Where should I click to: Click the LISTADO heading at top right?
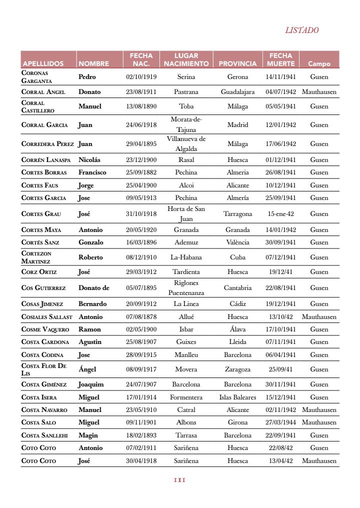click(302, 30)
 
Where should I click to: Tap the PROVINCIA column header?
click(237, 63)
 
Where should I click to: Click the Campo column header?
click(319, 63)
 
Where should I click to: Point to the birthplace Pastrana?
click(186, 92)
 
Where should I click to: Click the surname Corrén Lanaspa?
click(46, 160)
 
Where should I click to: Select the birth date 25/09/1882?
click(141, 172)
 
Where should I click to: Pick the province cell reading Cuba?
click(237, 257)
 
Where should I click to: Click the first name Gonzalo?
click(91, 242)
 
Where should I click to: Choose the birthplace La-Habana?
click(186, 257)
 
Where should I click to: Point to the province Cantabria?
click(237, 288)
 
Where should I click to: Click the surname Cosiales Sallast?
click(47, 317)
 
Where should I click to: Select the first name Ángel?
click(87, 369)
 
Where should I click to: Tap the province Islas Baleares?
click(237, 397)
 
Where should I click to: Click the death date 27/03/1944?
click(280, 422)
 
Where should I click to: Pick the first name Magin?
click(88, 435)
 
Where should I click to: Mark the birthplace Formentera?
click(186, 397)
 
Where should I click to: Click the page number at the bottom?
click(179, 480)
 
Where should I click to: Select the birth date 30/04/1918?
click(141, 461)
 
